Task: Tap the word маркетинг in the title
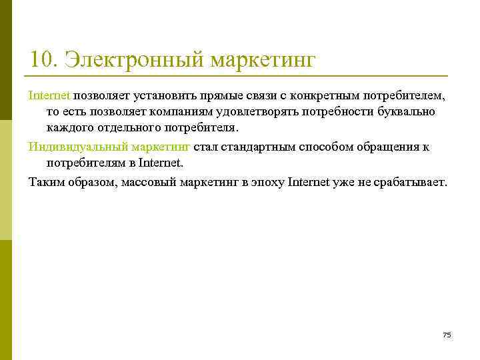pos(263,59)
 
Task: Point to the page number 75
pos(447,335)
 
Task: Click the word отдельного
pos(129,128)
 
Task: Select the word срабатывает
pos(409,181)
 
